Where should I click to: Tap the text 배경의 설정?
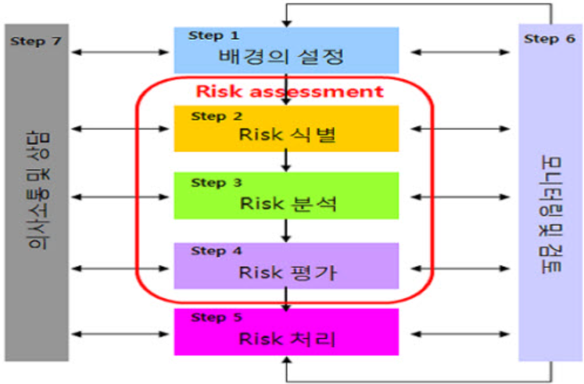point(281,56)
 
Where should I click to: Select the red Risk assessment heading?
point(290,91)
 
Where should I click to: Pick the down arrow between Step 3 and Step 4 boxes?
point(287,229)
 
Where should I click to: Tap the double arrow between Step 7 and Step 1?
point(121,52)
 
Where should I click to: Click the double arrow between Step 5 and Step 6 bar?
point(459,333)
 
